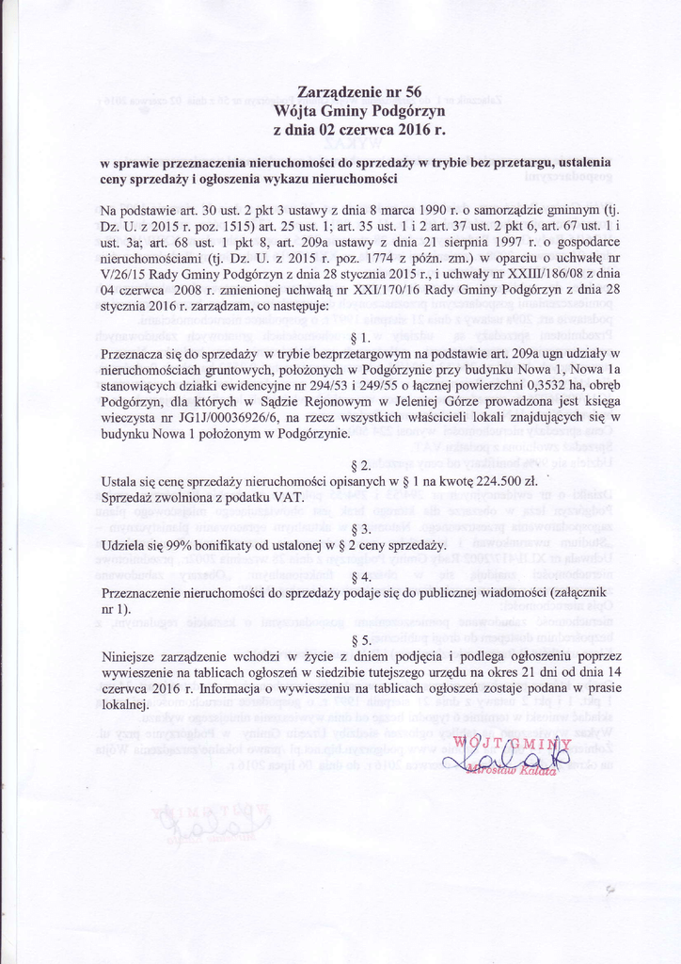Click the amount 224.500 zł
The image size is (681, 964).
tap(490, 481)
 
